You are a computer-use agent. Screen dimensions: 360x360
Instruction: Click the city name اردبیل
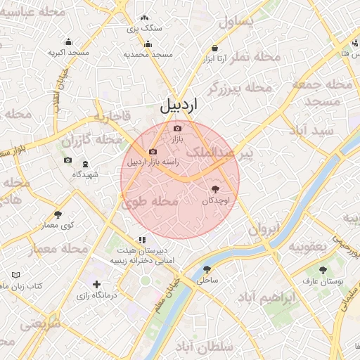point(180,106)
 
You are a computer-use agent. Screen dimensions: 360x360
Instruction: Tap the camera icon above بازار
point(177,128)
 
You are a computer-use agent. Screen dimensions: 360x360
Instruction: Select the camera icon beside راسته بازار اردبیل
point(153,151)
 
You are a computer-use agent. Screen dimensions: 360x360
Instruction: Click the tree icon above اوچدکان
point(215,188)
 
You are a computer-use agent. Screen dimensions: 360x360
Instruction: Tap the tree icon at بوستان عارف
point(323,270)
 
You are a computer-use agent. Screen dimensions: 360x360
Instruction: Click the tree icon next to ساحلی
point(207,269)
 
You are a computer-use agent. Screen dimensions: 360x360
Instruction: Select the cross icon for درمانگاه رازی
point(96,284)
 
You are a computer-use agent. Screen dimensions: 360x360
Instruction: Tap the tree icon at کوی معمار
point(58,214)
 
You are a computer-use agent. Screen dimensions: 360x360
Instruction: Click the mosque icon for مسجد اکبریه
point(68,41)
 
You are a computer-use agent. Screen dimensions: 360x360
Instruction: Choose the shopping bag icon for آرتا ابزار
point(214,48)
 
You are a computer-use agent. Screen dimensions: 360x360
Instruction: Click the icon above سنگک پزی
point(144,18)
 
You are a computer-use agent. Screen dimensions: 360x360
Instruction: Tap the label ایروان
point(264,229)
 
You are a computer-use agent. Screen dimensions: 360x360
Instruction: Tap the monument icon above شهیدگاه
point(86,165)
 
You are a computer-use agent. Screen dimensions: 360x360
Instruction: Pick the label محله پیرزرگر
point(240,88)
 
